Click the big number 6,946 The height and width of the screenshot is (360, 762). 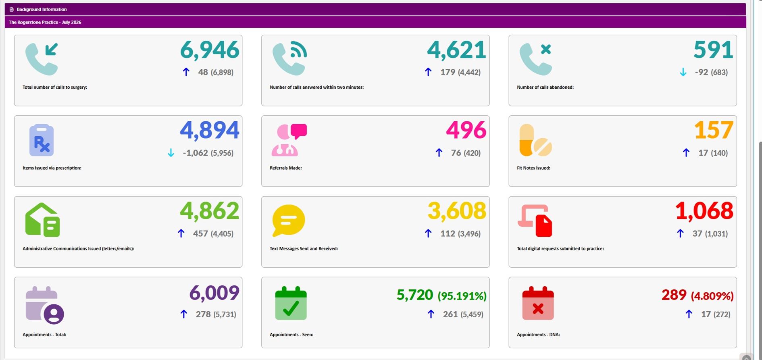(210, 50)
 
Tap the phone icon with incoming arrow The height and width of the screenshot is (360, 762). (42, 59)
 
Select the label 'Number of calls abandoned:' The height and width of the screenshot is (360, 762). (545, 87)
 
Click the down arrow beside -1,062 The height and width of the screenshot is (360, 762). (171, 153)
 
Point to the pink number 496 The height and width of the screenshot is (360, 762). (466, 130)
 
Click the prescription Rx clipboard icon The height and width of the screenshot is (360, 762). (42, 140)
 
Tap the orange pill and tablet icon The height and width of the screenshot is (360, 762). (535, 140)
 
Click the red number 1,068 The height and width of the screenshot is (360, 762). (704, 211)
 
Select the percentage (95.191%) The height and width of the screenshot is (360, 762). (462, 296)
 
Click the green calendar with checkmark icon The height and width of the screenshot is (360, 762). (291, 303)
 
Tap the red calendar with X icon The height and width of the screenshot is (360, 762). (538, 303)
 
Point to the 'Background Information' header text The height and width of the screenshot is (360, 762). (42, 9)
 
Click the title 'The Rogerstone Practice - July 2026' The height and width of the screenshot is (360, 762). (45, 22)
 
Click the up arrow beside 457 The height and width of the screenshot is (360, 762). (181, 233)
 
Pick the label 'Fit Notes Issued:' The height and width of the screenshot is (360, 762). (533, 168)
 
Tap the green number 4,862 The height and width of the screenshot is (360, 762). (210, 211)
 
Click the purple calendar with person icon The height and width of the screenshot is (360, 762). (44, 305)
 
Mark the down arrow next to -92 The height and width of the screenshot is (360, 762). (683, 72)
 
